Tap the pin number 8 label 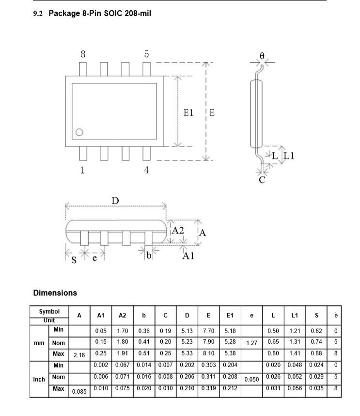83,54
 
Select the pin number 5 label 146,54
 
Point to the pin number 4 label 146,170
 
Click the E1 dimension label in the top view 188,112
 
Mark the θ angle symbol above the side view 262,56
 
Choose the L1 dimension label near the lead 289,156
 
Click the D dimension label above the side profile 115,201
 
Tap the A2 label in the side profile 178,231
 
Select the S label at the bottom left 74,260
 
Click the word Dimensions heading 55,293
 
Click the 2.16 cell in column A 79,355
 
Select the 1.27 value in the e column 251,343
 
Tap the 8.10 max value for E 208,353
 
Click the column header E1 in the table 230,316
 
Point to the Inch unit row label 39,379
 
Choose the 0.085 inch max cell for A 79,390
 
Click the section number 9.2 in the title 38,14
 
